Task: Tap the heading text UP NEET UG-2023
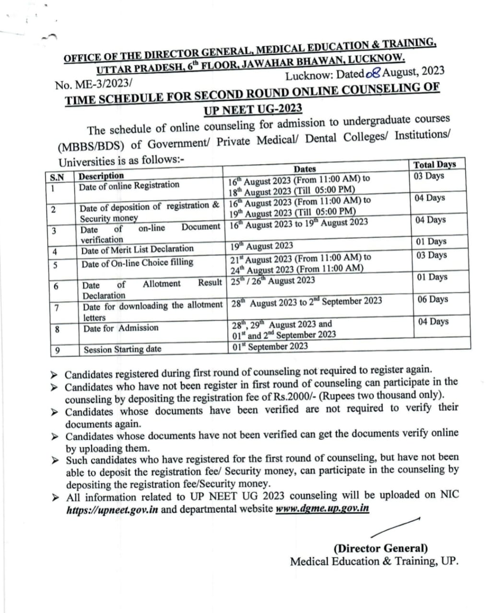(x=252, y=109)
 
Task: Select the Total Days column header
(x=434, y=164)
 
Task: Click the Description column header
(x=101, y=176)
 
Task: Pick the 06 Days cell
(x=433, y=299)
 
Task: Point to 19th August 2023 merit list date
(x=261, y=246)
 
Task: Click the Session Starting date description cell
(x=122, y=349)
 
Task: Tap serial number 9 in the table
(x=57, y=351)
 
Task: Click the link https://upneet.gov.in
(x=112, y=510)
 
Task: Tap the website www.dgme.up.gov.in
(x=322, y=508)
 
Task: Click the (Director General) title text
(x=381, y=548)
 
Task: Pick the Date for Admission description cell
(x=120, y=329)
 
